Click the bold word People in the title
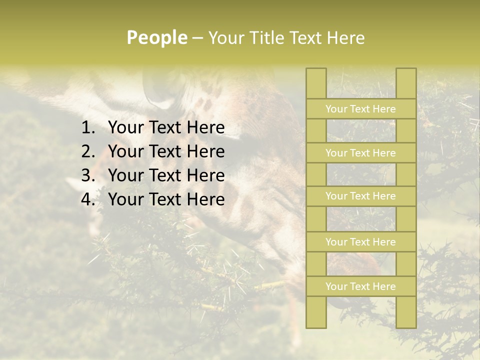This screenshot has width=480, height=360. (156, 37)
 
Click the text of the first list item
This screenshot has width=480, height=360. (166, 128)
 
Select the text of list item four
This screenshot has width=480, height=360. (166, 199)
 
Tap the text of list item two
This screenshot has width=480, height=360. (166, 151)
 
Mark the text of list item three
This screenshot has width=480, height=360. (166, 175)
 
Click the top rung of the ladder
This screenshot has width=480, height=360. (360, 109)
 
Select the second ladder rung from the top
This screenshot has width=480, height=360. (360, 153)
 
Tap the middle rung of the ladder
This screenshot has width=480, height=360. (360, 196)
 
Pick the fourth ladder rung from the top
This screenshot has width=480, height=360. (360, 242)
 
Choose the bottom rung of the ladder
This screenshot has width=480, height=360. (360, 286)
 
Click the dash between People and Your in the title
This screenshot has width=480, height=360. (197, 38)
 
